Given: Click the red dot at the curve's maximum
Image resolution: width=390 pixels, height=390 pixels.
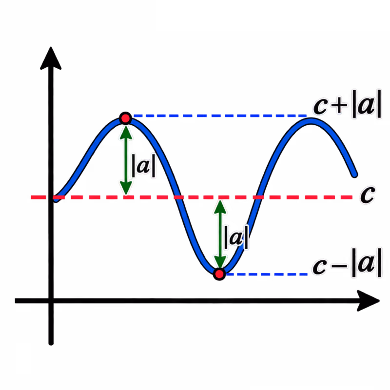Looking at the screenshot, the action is tap(125, 118).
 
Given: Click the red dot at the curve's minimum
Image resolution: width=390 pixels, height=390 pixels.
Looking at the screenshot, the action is tap(219, 274).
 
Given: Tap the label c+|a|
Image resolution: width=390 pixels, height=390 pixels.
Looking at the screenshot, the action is tap(347, 104).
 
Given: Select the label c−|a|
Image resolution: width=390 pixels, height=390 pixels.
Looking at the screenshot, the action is tap(347, 263).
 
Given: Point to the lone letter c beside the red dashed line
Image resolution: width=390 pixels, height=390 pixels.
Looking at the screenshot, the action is tap(368, 194).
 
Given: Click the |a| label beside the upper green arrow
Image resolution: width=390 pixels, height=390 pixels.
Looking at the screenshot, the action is tap(143, 166).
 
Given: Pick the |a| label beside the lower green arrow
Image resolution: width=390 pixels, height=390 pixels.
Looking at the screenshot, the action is tap(236, 237).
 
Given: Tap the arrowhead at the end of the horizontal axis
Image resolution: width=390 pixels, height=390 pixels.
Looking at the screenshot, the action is tap(368, 301).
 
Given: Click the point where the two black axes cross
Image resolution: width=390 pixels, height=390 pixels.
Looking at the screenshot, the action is tap(51, 301).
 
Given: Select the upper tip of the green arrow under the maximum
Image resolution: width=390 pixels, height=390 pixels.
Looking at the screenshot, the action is tap(126, 126).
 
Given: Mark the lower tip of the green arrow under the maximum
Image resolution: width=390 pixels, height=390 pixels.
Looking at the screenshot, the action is tap(126, 195).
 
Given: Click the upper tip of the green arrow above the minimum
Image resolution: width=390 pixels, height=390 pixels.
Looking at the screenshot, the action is tap(220, 200).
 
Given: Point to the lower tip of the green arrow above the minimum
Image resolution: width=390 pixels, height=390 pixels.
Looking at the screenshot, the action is tap(220, 268).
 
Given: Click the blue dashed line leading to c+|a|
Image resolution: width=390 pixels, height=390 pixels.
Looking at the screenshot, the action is tap(220, 116).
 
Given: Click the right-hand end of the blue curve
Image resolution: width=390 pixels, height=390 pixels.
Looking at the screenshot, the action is tap(355, 175).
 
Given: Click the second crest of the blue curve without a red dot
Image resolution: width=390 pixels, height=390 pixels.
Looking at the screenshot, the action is tap(311, 121).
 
